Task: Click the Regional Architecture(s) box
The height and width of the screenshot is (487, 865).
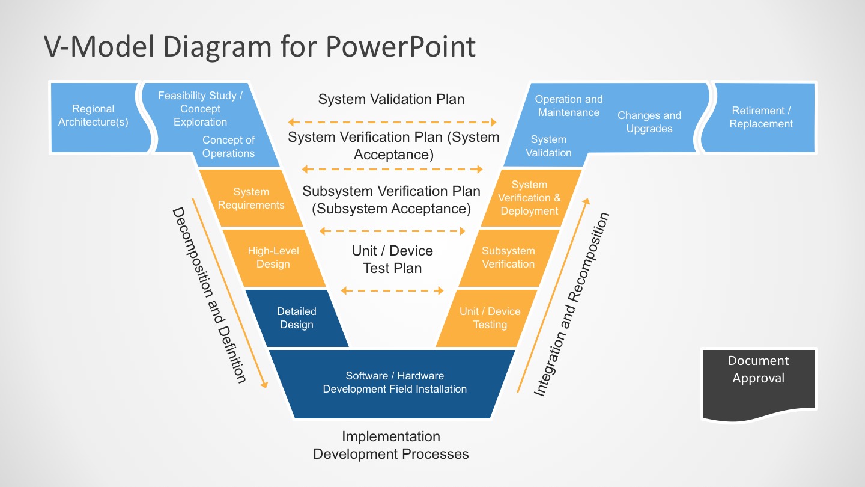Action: point(93,116)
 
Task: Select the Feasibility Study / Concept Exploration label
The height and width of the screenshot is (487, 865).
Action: point(200,109)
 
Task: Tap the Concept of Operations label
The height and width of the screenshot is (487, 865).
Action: point(228,147)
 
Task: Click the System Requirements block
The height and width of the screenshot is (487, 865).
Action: point(251,198)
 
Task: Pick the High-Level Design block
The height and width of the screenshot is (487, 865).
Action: point(273,257)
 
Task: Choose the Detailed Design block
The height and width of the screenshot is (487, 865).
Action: point(297,318)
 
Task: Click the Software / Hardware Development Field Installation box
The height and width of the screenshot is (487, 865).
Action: point(395,382)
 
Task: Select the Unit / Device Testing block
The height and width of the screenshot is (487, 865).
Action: point(490,318)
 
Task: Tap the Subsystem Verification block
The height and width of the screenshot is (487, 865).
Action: point(508,257)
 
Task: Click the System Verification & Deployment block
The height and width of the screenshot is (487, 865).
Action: point(529,198)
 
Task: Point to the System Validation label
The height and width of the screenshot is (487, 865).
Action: point(548,146)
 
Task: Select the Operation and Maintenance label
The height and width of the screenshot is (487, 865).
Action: point(568,106)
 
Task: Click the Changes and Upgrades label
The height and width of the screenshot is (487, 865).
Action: point(649,122)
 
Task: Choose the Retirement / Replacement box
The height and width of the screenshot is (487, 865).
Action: point(761,117)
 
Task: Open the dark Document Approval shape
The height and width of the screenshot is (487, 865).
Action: point(759,382)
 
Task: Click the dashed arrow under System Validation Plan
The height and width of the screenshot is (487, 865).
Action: point(392,123)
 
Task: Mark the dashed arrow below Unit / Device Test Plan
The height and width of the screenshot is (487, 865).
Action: point(392,291)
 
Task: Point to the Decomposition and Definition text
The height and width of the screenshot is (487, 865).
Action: point(208,295)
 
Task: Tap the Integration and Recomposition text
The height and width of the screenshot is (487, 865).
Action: point(571,304)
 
